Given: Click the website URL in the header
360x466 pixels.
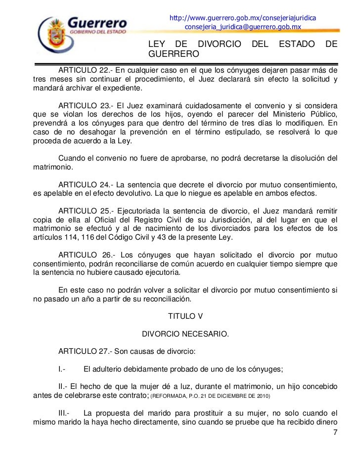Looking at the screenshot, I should tap(243, 18).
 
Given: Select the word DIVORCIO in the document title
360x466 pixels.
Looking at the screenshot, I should tap(218, 44).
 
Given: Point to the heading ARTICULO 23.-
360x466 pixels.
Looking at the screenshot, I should tap(87, 106).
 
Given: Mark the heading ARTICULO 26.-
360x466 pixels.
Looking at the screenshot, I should tap(87, 255).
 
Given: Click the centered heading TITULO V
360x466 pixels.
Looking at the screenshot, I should tap(185, 316).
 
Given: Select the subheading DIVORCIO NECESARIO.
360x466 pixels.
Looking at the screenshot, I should tap(185, 334).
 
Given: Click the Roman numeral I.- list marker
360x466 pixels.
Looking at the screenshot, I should tap(62, 369).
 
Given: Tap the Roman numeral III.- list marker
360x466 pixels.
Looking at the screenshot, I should tap(64, 413).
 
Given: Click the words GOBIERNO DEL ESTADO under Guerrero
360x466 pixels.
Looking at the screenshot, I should tap(97, 31).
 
